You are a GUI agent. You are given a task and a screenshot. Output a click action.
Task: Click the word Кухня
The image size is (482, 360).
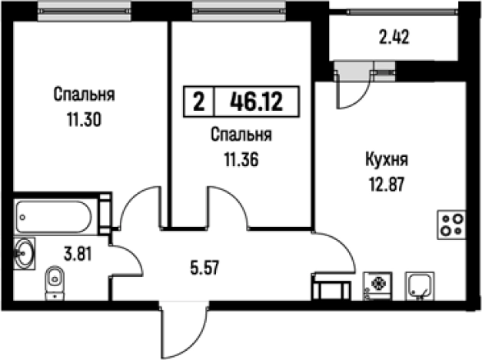(386, 162)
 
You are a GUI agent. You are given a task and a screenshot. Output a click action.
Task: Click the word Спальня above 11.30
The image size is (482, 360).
(85, 95)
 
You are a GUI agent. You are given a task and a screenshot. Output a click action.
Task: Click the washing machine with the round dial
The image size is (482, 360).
(377, 285)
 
